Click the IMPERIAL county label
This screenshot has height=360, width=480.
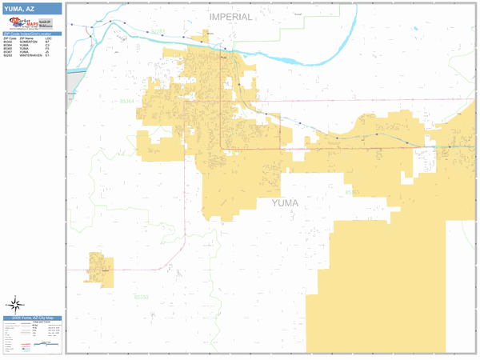point(230,17)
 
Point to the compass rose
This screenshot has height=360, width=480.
point(14,304)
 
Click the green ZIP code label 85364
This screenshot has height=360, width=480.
point(127,102)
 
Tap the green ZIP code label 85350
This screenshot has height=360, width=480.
point(141,297)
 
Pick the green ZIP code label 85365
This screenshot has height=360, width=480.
point(352,193)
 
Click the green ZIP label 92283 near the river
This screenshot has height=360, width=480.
point(157,32)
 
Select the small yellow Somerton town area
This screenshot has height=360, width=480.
point(101,269)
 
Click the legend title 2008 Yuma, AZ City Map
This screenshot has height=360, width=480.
point(32,318)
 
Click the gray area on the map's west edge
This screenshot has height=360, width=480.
point(72,80)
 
